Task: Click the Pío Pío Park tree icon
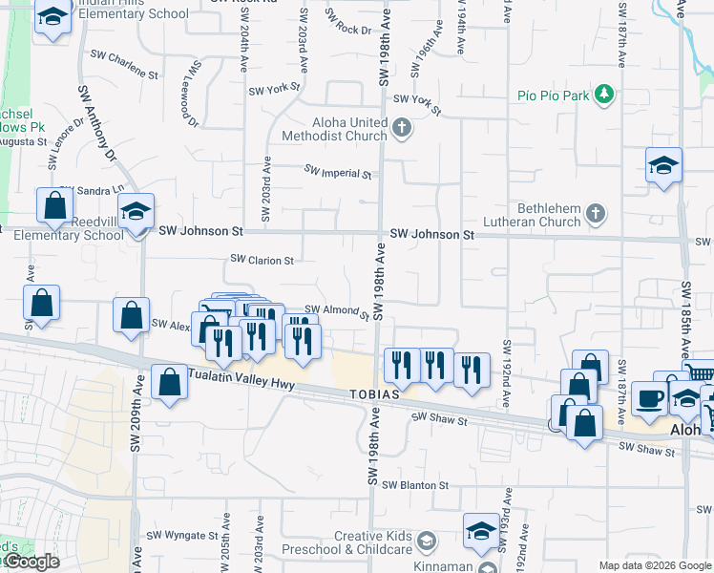point(603,95)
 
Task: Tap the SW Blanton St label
point(415,485)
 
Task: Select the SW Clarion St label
point(262,259)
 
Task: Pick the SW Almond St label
point(337,311)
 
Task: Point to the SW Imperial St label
point(338,173)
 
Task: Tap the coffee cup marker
point(649,397)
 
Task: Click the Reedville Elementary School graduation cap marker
point(136,212)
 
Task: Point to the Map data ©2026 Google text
point(655,565)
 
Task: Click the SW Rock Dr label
point(348,24)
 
